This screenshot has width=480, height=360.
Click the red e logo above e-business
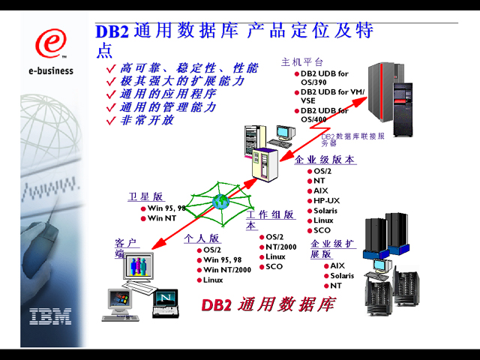click(50, 43)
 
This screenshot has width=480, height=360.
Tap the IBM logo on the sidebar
click(50, 316)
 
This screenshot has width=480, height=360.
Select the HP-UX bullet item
click(326, 200)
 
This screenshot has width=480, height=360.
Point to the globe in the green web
click(220, 201)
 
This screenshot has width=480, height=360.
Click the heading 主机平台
click(301, 61)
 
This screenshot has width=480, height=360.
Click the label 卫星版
click(145, 196)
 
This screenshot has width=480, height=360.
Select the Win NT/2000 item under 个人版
click(226, 270)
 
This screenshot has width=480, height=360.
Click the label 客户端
click(125, 247)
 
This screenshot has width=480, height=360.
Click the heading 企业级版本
click(325, 160)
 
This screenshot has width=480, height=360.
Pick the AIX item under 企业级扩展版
click(337, 265)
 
